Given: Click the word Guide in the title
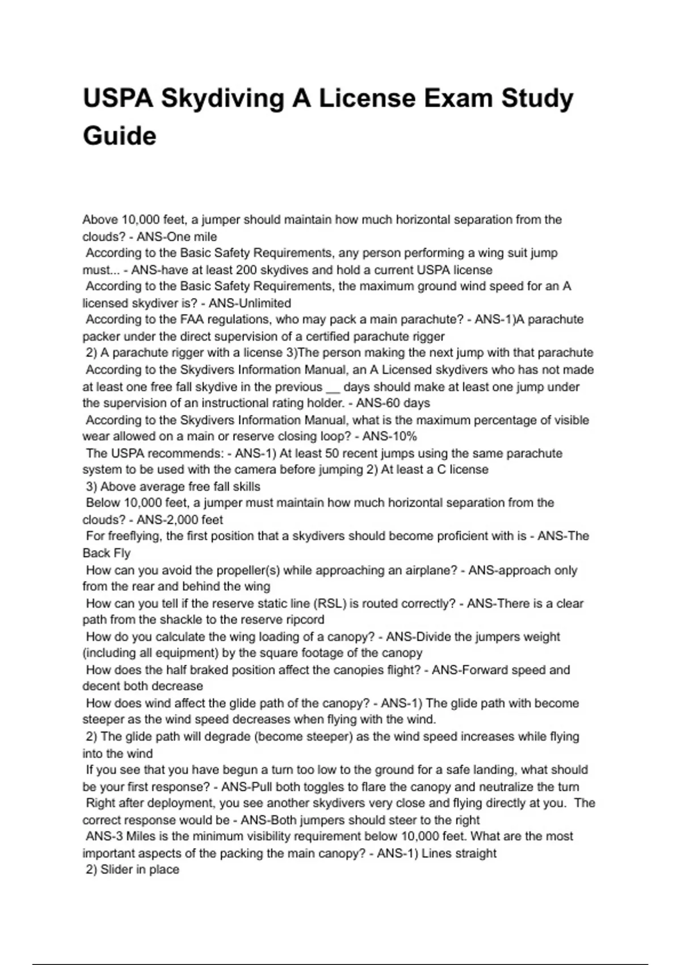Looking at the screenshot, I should (x=120, y=136).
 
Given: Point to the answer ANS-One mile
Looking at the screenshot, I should (x=176, y=237).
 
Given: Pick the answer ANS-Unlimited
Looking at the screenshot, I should (x=250, y=303).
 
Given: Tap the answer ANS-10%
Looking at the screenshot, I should (x=390, y=437).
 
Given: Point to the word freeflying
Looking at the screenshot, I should (x=135, y=536).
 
